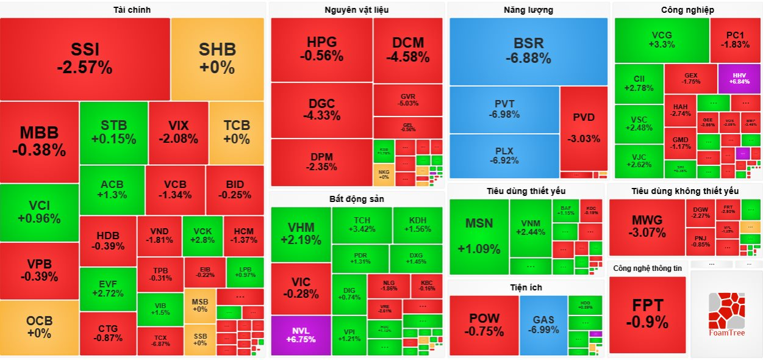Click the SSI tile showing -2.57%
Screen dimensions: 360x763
click(x=85, y=59)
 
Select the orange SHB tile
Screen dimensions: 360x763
click(x=217, y=59)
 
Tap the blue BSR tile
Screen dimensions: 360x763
click(x=528, y=51)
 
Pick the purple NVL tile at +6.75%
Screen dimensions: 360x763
click(x=300, y=335)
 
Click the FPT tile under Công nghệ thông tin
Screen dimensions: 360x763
click(x=647, y=314)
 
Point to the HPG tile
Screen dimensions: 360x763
click(x=321, y=49)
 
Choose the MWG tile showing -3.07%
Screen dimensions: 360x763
click(x=647, y=226)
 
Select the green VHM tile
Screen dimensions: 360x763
click(x=301, y=234)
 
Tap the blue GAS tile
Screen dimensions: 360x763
click(x=543, y=324)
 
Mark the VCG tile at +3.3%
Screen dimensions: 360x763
click(x=662, y=40)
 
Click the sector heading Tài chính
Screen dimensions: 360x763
click(x=132, y=10)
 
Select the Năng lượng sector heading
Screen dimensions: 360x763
click(x=528, y=10)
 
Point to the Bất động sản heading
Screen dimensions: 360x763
click(x=356, y=199)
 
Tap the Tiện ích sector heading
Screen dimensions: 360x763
click(x=526, y=287)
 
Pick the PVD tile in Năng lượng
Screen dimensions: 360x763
click(x=584, y=128)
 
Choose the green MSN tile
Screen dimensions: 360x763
click(x=479, y=236)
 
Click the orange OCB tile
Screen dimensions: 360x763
click(x=39, y=327)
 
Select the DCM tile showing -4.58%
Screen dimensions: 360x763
click(x=408, y=49)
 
